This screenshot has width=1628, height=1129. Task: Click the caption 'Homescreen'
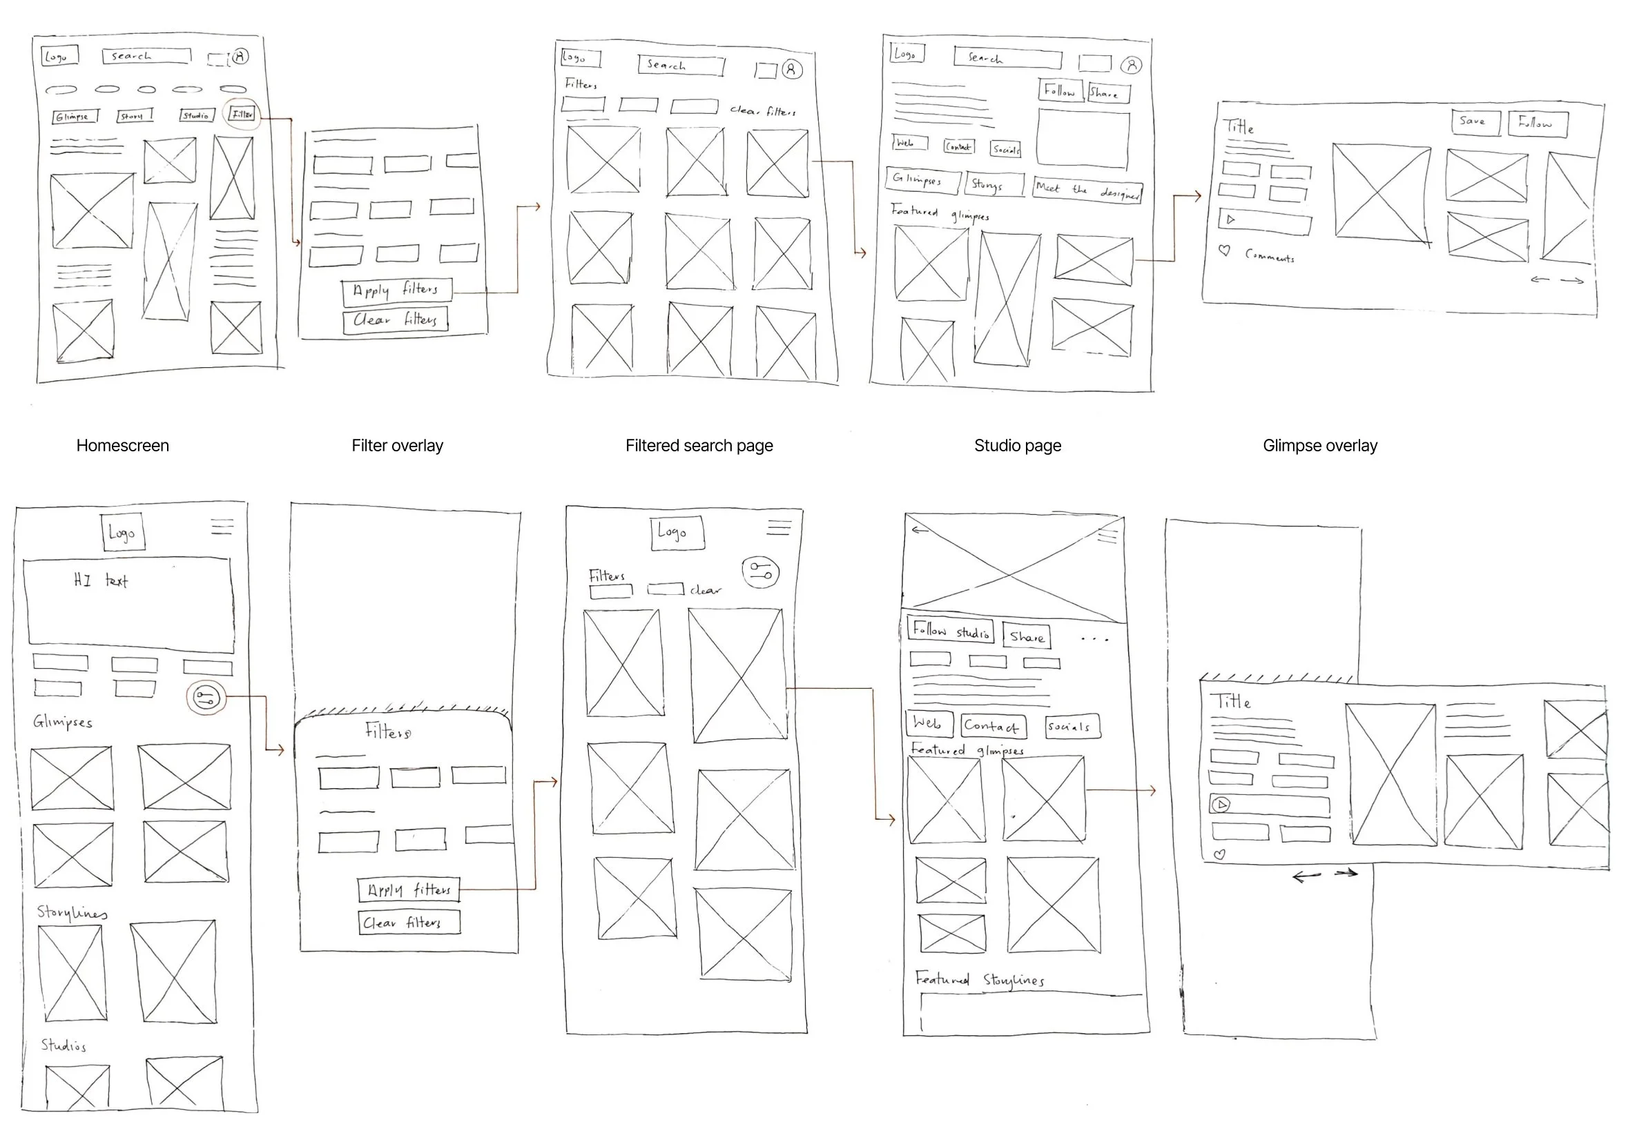point(122,446)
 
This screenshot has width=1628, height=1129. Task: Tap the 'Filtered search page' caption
point(698,446)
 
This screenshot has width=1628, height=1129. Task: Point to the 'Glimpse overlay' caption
point(1319,446)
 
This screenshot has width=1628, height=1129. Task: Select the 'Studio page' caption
point(1017,446)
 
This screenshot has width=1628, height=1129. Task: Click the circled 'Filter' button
point(242,114)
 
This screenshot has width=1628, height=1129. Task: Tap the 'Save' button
point(1475,121)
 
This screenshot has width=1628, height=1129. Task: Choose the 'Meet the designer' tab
point(1086,190)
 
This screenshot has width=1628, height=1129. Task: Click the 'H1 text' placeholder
point(101,581)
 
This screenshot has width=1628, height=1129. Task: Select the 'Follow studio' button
point(949,630)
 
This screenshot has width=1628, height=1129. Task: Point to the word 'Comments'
point(1269,256)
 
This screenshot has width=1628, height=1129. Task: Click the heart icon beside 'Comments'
point(1224,251)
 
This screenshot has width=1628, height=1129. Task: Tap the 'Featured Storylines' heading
point(979,980)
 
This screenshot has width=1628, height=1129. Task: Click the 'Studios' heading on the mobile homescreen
point(63,1045)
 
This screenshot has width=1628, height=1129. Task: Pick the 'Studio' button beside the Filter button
point(196,115)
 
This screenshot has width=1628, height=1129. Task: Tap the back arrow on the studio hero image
point(919,529)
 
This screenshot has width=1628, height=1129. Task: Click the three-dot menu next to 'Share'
point(1094,639)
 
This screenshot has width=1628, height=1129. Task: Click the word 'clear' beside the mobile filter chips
point(706,590)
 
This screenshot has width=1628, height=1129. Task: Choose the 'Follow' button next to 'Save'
point(1537,123)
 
